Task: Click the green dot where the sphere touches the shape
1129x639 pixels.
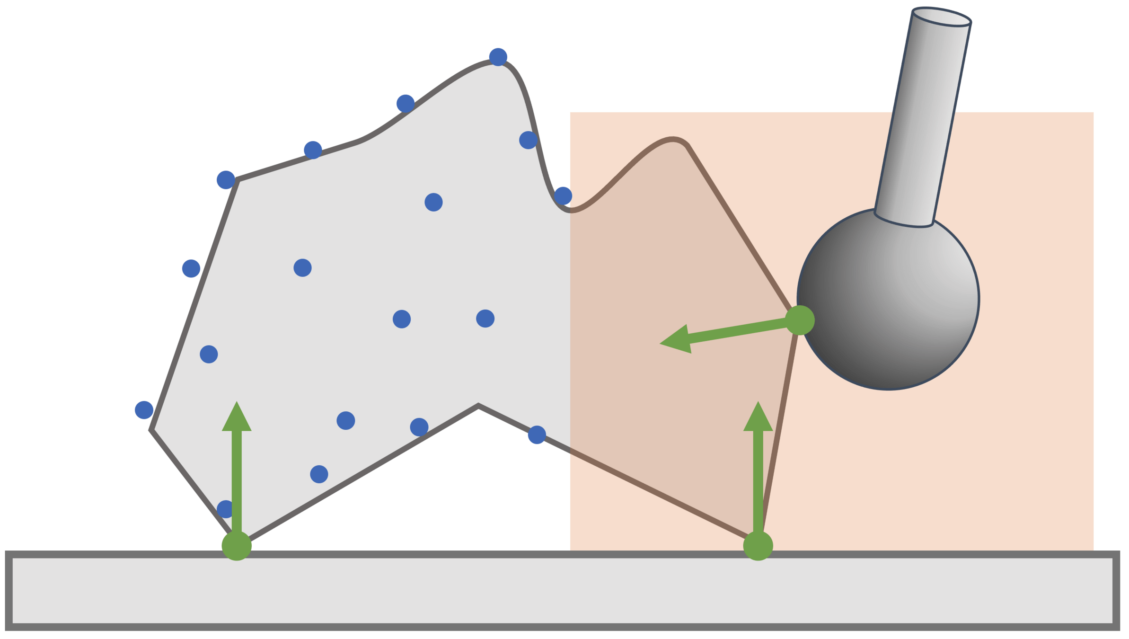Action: click(799, 320)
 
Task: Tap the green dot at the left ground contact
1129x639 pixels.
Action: click(237, 546)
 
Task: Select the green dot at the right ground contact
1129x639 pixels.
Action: click(758, 546)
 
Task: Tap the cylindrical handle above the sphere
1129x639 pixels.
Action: click(923, 118)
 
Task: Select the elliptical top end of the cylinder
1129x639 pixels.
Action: click(942, 17)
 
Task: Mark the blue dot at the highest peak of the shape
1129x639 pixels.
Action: click(498, 57)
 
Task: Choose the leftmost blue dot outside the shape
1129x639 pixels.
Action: click(144, 410)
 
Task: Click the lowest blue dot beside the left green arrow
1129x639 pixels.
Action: click(226, 509)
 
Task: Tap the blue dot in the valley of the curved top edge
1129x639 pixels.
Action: click(563, 195)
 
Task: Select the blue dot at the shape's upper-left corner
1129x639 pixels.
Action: click(226, 180)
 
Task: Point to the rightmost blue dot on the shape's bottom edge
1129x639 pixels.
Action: click(537, 435)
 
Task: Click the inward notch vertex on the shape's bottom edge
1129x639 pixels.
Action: click(478, 406)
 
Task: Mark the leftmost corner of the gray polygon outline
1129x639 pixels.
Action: click(151, 430)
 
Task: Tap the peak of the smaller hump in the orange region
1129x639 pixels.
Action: click(672, 139)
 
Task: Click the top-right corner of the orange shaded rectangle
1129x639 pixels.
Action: click(1093, 113)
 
